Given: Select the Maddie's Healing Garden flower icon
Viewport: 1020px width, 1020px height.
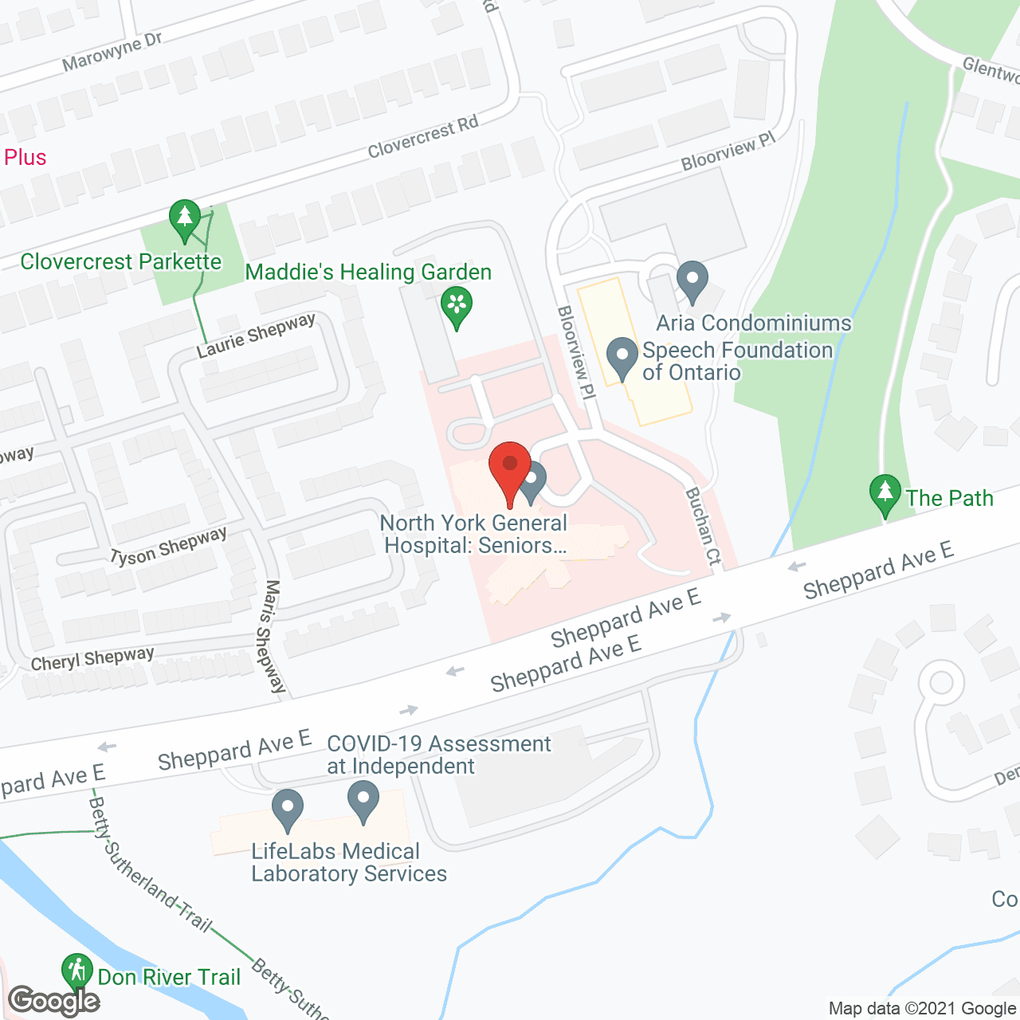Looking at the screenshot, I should pos(457,306).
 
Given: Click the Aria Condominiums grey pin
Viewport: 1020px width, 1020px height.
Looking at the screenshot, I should pos(692,281).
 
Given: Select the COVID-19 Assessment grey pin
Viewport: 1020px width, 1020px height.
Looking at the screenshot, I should pos(363,801).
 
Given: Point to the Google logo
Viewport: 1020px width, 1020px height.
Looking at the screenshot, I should pos(53,1001).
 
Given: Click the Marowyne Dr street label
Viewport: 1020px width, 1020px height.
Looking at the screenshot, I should pos(112,53).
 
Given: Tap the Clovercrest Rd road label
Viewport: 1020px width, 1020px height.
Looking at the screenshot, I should pos(423,136).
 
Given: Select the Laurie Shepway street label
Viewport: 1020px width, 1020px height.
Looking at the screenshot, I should pos(256,335).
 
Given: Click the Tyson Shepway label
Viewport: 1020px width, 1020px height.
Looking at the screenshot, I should pos(168,546).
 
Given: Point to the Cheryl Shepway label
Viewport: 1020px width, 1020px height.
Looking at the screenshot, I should pos(92,659).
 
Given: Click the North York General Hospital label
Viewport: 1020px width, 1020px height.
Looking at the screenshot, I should pos(475,534).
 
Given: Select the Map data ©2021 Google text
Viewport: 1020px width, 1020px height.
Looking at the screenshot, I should pos(922,1008).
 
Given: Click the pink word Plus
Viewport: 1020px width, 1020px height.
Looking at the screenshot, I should pos(25,157).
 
